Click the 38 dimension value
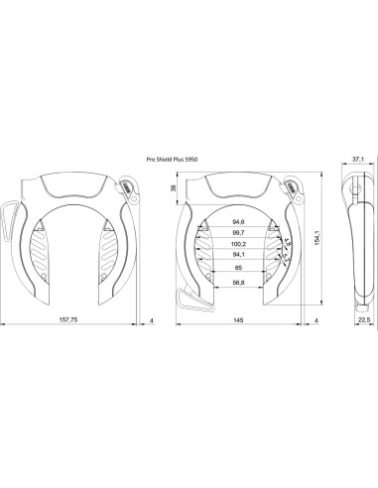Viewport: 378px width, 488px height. click(x=175, y=187)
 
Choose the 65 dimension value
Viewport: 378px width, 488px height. click(x=237, y=268)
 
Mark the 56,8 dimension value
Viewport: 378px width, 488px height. click(x=237, y=282)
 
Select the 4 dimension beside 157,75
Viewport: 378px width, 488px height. click(x=149, y=320)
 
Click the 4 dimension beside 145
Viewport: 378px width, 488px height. click(x=315, y=320)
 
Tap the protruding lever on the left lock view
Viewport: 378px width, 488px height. click(x=10, y=213)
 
